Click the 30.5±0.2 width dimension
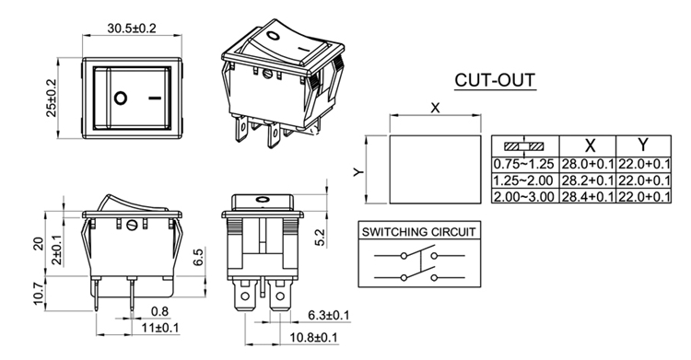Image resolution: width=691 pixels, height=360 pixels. point(132,29)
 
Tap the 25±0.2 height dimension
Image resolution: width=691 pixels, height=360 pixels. point(52,98)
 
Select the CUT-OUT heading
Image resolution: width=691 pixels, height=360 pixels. point(495,80)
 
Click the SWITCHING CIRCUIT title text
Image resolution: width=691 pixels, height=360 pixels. point(418,232)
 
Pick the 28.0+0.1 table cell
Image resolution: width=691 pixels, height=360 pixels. point(588,165)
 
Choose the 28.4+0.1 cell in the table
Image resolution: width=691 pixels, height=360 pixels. point(588,196)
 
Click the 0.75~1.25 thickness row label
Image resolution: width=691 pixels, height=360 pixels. point(523,165)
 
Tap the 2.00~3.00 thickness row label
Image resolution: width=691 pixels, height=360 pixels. point(523,196)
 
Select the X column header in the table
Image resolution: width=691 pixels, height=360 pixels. point(590,145)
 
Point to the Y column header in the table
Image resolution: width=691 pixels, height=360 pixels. point(643,145)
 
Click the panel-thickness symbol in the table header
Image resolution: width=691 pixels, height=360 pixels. point(524,145)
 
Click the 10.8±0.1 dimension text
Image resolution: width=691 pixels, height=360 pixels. point(313,338)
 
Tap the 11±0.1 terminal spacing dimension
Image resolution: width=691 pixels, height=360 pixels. point(160,328)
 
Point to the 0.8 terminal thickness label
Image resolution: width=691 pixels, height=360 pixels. point(159,311)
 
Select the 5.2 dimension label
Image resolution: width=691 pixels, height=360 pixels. point(321,237)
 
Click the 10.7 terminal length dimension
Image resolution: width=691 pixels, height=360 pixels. point(39,294)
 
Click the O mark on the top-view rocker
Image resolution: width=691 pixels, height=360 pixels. point(121,98)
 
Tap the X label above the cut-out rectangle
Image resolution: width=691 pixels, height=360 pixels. point(435,108)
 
